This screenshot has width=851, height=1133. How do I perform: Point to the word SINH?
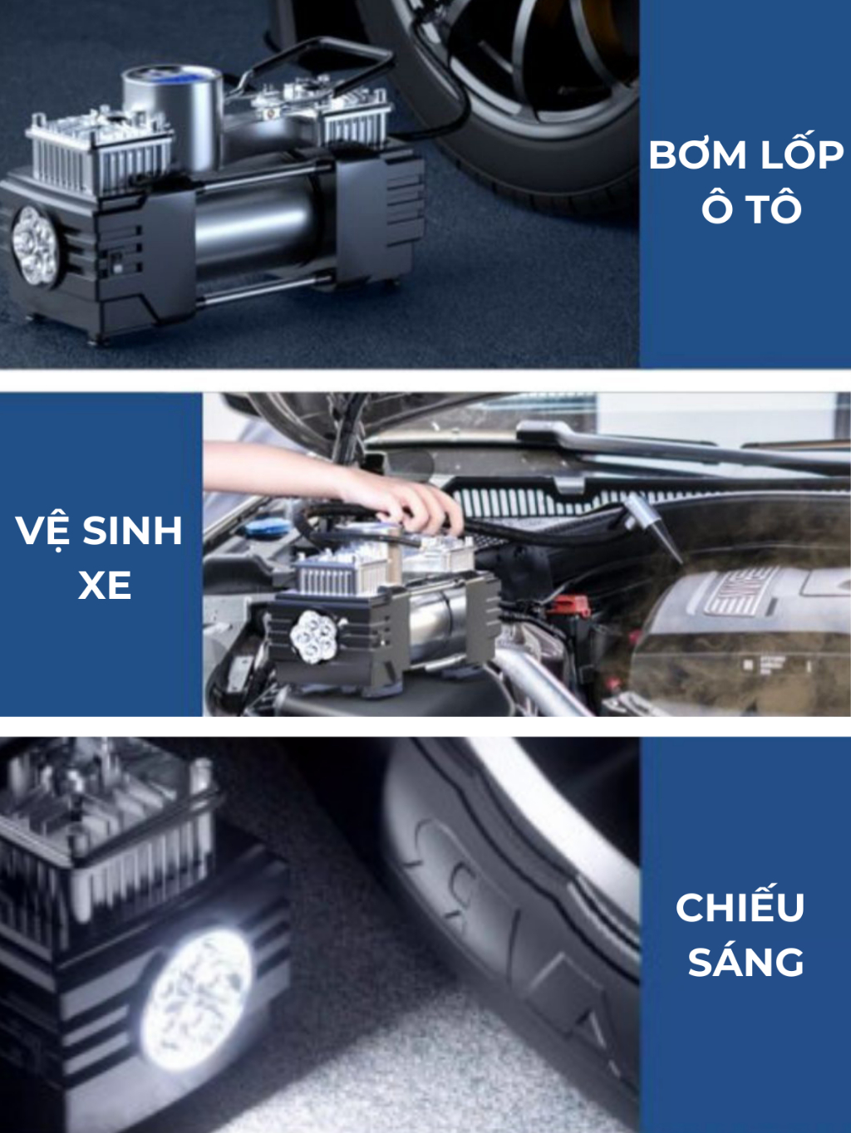132,530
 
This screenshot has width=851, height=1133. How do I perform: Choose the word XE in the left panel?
105,585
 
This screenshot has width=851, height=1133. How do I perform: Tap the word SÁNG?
745,959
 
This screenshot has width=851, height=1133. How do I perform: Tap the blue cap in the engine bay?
263,529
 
